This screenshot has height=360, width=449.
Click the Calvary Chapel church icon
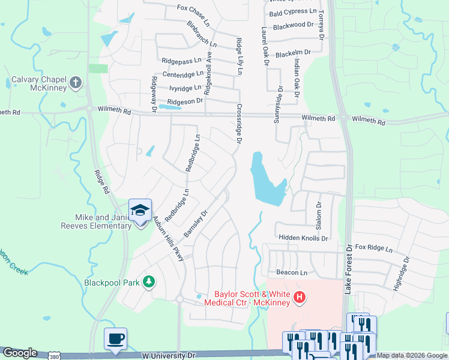(76, 83)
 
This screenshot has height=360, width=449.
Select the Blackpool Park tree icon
(149, 281)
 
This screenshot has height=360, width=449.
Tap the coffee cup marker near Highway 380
(115, 338)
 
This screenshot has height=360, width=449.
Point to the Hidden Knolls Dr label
(303, 238)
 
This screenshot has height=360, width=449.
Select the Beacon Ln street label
(292, 272)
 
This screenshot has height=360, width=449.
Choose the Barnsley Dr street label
(195, 223)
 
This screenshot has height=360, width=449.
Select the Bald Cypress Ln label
(293, 12)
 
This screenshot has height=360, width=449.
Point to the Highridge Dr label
(401, 274)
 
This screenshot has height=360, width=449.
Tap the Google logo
(19, 353)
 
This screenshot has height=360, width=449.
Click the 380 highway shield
(53, 356)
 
